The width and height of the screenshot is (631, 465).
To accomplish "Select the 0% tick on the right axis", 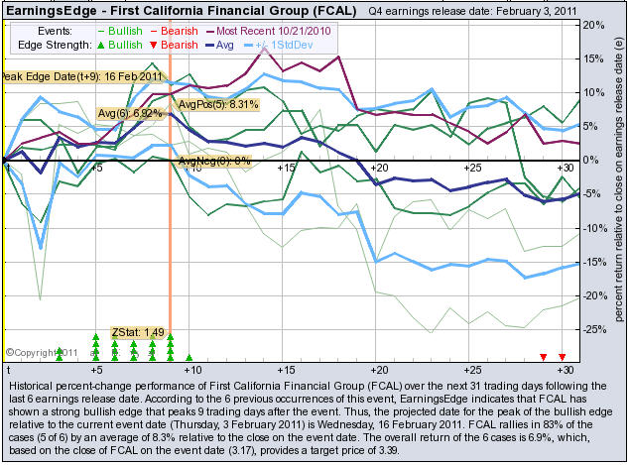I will pos(592,160).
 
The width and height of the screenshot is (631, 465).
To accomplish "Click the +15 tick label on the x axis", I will pos(286,170).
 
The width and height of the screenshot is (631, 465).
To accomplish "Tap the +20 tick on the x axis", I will pos(378,170).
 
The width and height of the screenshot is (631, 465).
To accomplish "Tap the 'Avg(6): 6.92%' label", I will pos(129,114).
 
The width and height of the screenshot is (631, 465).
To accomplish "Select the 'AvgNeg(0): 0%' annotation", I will pos(214,160).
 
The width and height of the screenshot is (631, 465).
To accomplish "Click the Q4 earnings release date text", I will pos(471,10).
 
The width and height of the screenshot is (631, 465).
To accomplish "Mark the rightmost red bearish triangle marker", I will pos(562,356).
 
